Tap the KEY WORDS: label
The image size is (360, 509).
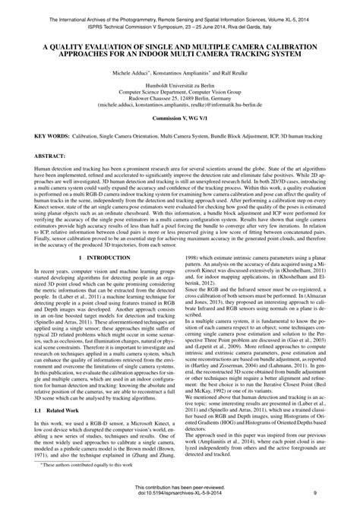coord(51,137)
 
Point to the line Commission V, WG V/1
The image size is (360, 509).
coord(178,120)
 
